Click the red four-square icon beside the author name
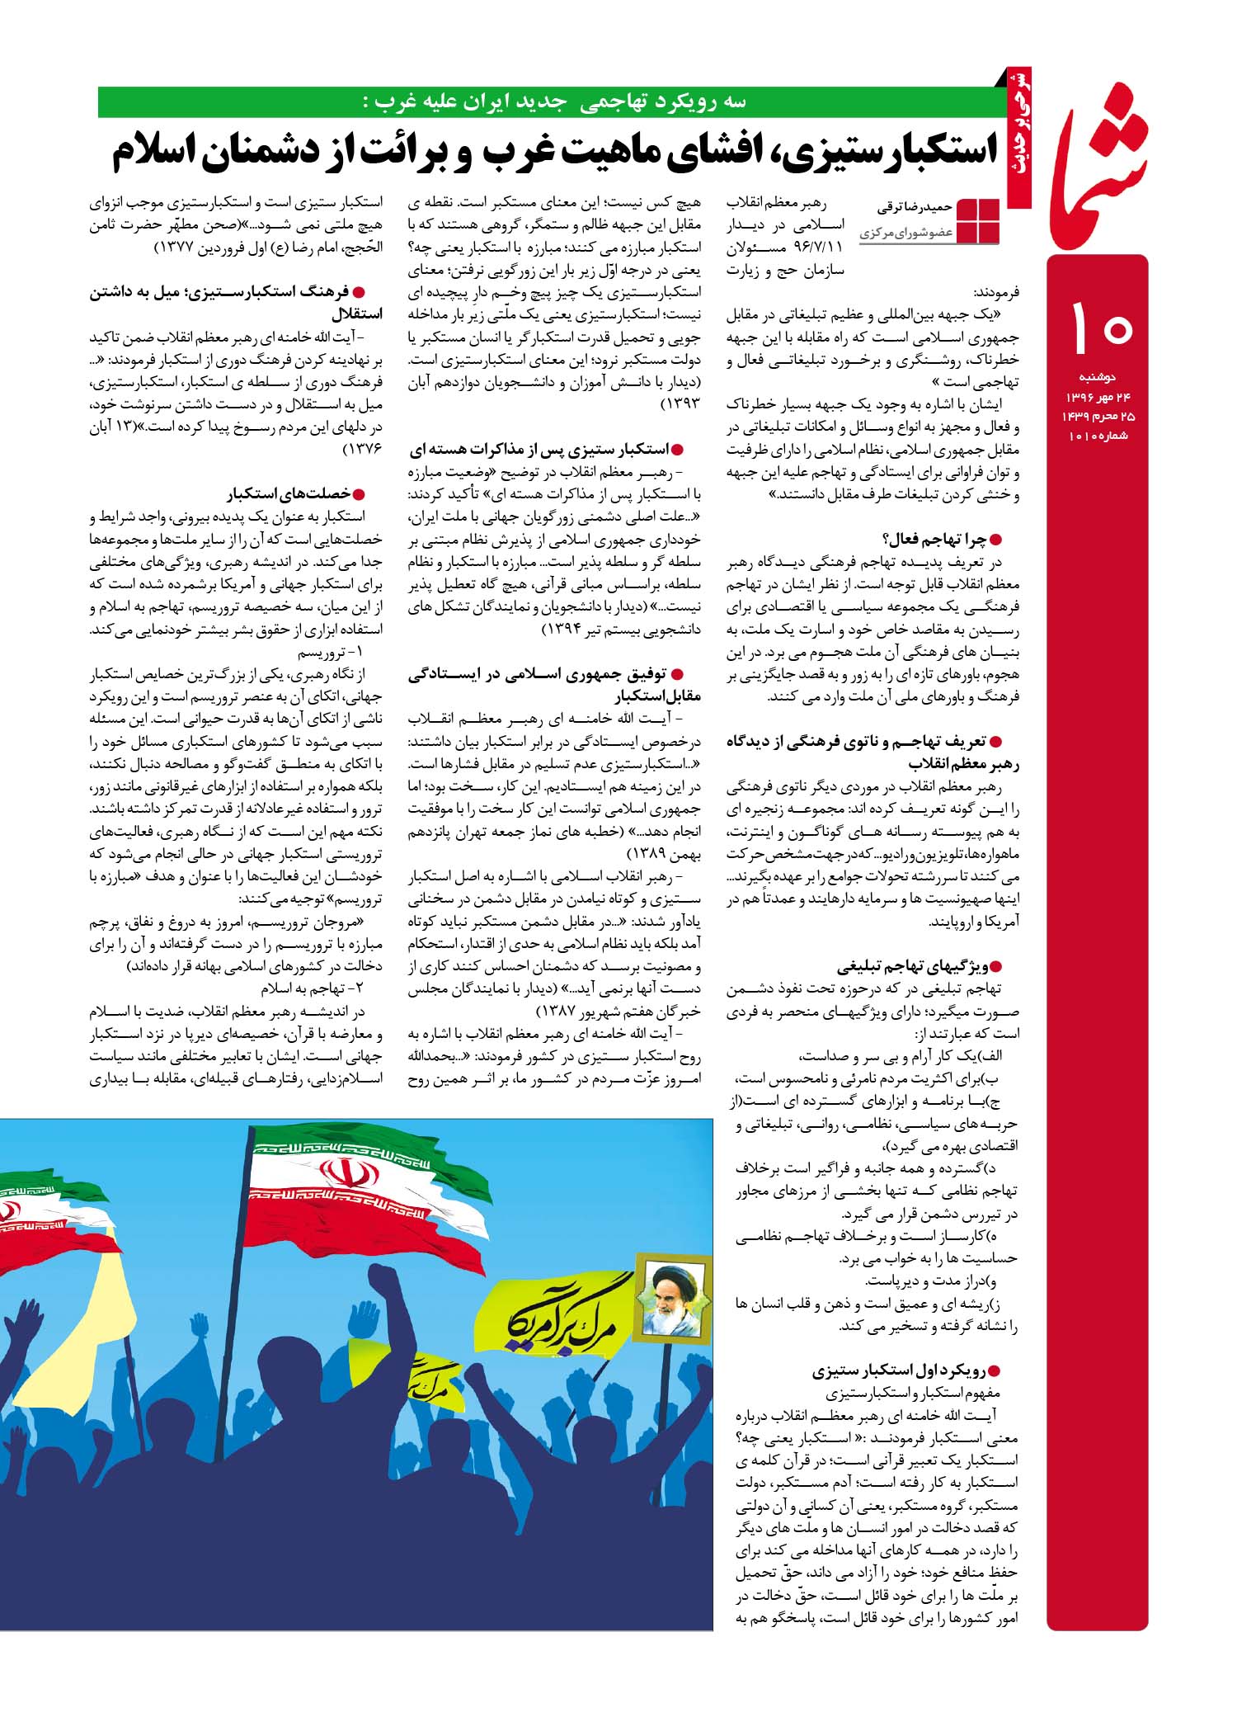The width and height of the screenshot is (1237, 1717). pyautogui.click(x=979, y=220)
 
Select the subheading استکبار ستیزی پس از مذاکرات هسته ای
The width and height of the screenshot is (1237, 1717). pyautogui.click(x=545, y=450)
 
